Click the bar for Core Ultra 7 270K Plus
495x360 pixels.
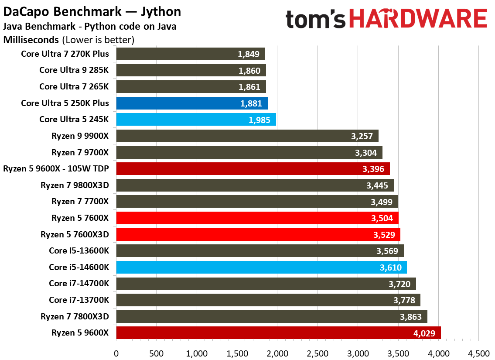pyautogui.click(x=191, y=54)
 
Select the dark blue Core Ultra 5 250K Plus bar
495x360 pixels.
pyautogui.click(x=192, y=103)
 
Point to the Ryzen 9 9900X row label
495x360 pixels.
pyautogui.click(x=80, y=136)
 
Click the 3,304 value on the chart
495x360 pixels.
pyautogui.click(x=367, y=152)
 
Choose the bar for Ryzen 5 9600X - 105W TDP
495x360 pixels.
pyautogui.click(x=253, y=169)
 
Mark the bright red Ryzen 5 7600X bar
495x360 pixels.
pyautogui.click(x=257, y=218)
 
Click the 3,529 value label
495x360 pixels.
pyautogui.click(x=385, y=234)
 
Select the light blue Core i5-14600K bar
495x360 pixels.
pyautogui.click(x=262, y=267)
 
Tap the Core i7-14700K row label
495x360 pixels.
pyautogui.click(x=79, y=284)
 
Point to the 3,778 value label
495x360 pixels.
pyautogui.click(x=405, y=300)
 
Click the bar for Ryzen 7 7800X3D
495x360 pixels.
pyautogui.click(x=272, y=316)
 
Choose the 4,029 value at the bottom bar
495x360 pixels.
pyautogui.click(x=425, y=333)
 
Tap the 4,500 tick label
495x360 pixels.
pyautogui.click(x=478, y=352)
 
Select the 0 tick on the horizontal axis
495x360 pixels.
pyautogui.click(x=116, y=352)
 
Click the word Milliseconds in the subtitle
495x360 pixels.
pyautogui.click(x=31, y=40)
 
